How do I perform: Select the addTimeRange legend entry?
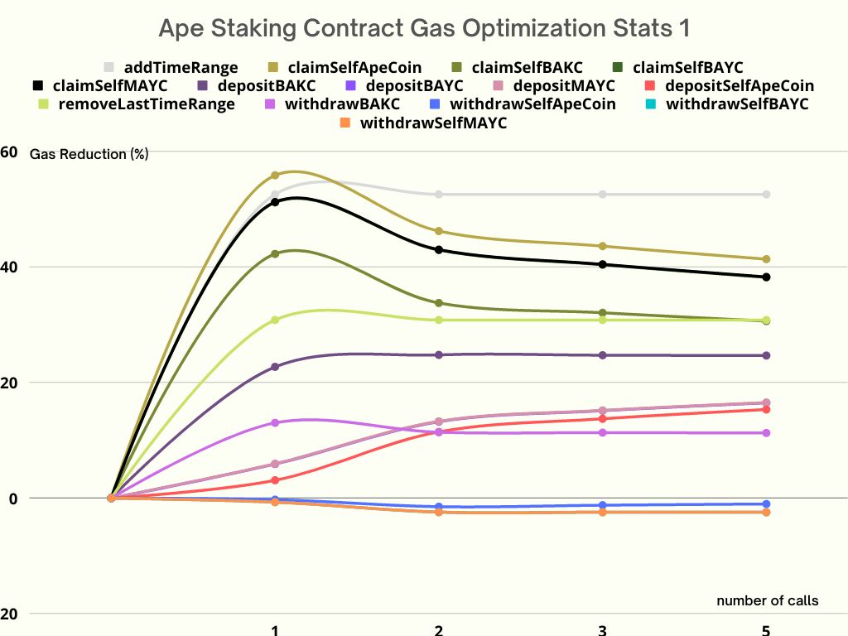[x=171, y=67]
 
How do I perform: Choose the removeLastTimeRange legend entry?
[x=138, y=104]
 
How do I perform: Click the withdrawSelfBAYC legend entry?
[x=728, y=104]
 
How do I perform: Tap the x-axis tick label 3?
[x=602, y=630]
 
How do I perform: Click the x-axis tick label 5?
[x=766, y=630]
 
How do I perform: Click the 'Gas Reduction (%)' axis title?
[x=89, y=154]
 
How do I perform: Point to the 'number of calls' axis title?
[x=767, y=600]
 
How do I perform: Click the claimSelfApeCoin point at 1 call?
[x=275, y=176]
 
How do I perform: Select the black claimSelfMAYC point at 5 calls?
[x=766, y=277]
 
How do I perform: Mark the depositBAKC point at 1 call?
[x=275, y=367]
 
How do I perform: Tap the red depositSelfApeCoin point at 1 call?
[x=275, y=480]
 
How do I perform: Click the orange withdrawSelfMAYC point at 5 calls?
[x=766, y=513]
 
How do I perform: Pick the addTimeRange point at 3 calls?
[x=602, y=195]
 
